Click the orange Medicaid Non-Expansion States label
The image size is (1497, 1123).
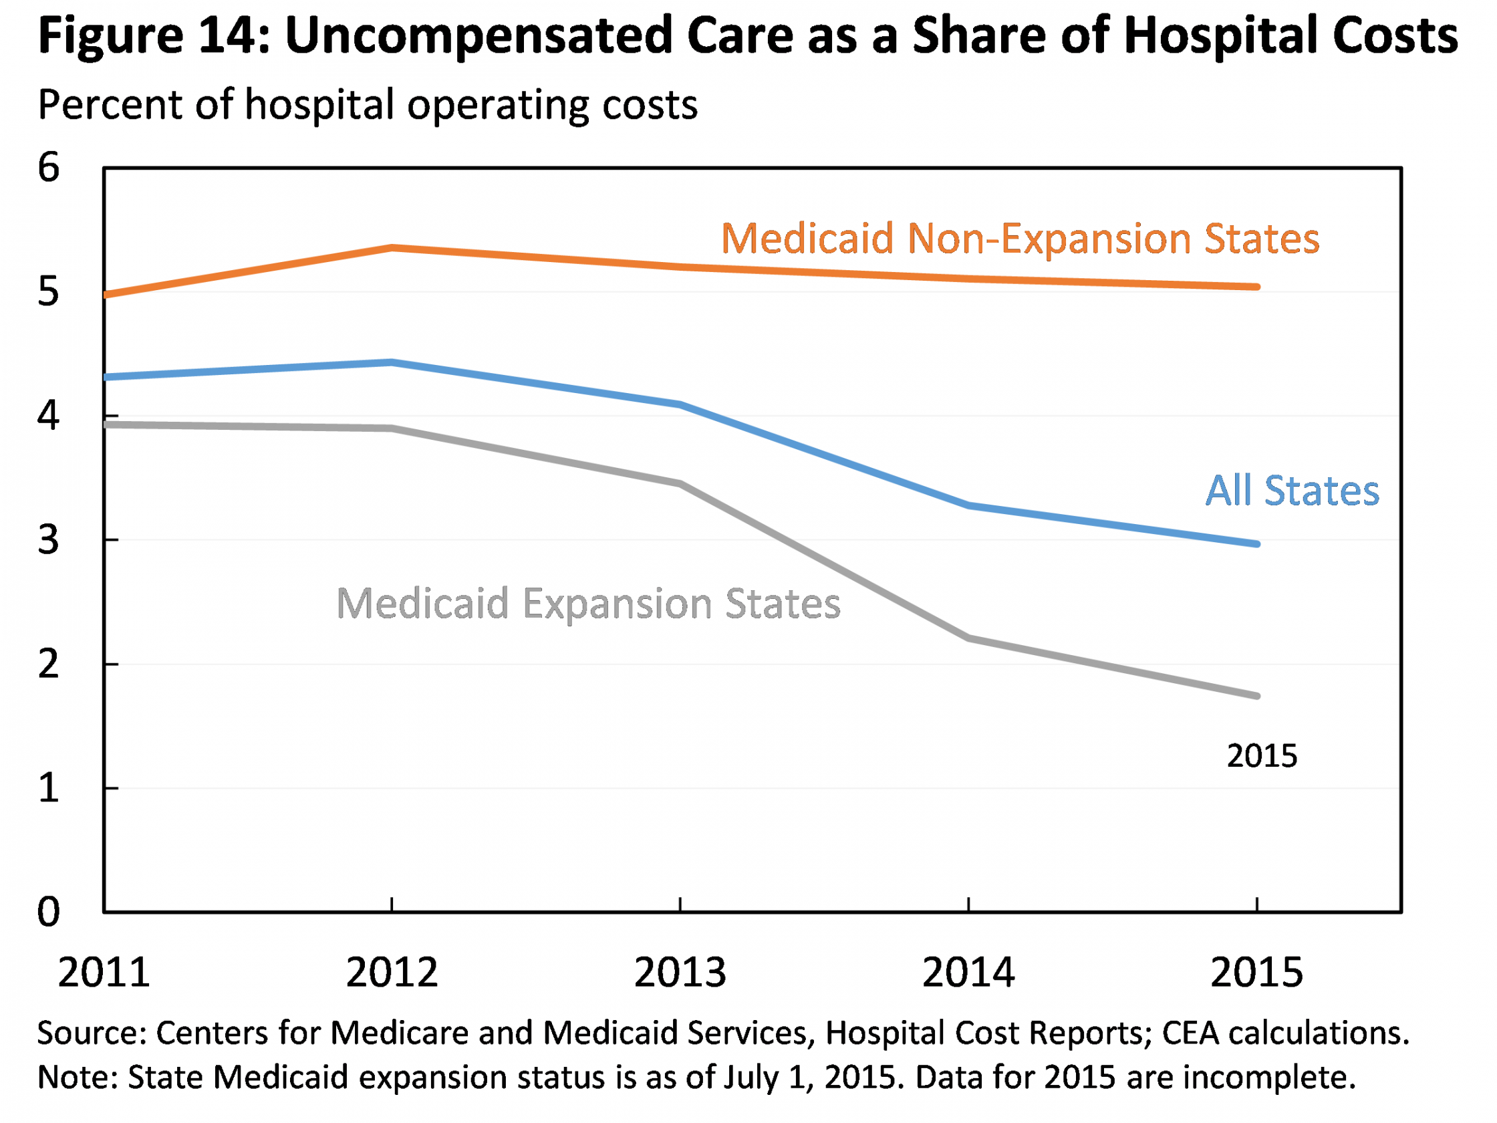click(x=1020, y=239)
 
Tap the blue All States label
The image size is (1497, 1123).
click(x=1292, y=491)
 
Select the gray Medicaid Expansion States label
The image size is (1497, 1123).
click(x=588, y=604)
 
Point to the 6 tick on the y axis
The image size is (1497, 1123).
click(x=49, y=167)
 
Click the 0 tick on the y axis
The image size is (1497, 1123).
click(x=49, y=912)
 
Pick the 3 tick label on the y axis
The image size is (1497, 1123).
click(x=49, y=540)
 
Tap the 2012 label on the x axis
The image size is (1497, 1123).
click(x=392, y=973)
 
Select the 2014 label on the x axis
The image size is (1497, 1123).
click(x=968, y=973)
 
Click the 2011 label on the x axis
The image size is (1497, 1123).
click(x=104, y=973)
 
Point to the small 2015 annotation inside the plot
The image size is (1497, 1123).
click(x=1262, y=756)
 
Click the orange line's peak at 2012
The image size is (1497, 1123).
click(x=392, y=248)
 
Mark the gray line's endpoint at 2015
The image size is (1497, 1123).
click(x=1257, y=696)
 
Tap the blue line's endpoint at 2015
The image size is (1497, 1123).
click(x=1257, y=543)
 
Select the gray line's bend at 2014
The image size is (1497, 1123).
click(x=969, y=638)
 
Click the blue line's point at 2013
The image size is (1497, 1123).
click(x=680, y=404)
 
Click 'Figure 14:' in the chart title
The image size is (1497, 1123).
click(x=153, y=35)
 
